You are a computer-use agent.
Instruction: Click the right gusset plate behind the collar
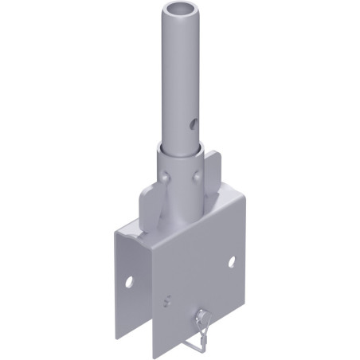point(214,171)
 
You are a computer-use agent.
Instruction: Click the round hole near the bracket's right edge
point(231,261)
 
